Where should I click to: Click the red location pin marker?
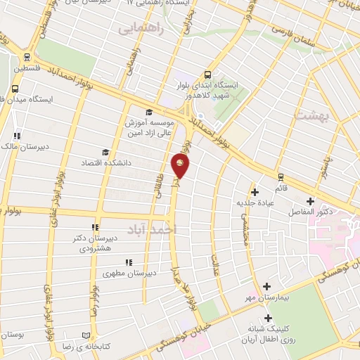(181, 166)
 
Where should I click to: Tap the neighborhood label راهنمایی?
(140, 28)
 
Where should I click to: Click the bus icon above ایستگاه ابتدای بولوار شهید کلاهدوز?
(207, 73)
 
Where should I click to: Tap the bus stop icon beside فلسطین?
(27, 58)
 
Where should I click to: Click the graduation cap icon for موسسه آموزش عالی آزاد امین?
(148, 112)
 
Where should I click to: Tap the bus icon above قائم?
(281, 176)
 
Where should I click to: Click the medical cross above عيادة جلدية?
(255, 191)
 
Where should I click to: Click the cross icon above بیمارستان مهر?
(266, 286)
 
